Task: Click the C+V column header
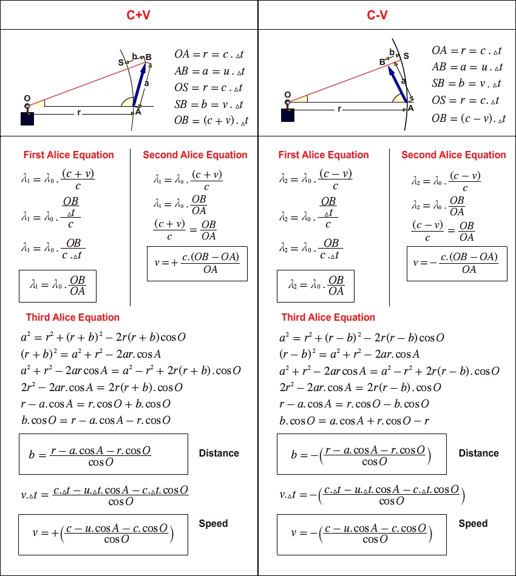[138, 15]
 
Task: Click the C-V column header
[377, 15]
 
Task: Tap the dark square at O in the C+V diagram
[27, 118]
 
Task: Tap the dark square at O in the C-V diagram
[287, 115]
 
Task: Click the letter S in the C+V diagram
[121, 62]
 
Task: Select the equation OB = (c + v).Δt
[211, 121]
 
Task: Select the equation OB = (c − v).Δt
[469, 119]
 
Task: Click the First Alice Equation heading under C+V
[69, 155]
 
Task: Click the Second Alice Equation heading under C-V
[453, 155]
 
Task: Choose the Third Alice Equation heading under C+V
[73, 317]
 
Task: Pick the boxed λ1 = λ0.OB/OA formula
[58, 285]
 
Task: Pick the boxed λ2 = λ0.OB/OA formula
[316, 285]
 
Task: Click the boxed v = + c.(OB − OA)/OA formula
[197, 263]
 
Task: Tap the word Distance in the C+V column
[219, 453]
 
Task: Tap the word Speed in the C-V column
[473, 523]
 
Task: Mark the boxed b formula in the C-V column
[361, 454]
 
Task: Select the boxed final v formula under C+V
[103, 534]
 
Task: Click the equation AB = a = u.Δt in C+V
[209, 70]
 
